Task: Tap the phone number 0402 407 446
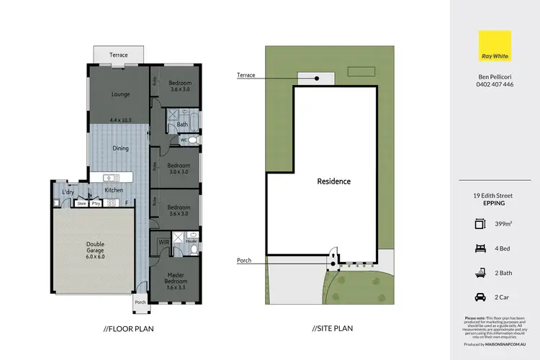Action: pyautogui.click(x=494, y=84)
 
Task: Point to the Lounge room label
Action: pyautogui.click(x=120, y=94)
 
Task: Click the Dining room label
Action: pyautogui.click(x=120, y=149)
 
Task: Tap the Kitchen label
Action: pyautogui.click(x=113, y=190)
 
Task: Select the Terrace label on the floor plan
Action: pyautogui.click(x=119, y=55)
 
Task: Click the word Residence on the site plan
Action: pyautogui.click(x=334, y=181)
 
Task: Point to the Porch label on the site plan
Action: pyautogui.click(x=244, y=261)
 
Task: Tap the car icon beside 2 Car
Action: pyautogui.click(x=480, y=296)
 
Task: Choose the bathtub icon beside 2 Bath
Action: pyautogui.click(x=480, y=271)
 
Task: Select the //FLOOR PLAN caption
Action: pyautogui.click(x=129, y=328)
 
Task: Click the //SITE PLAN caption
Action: pyautogui.click(x=333, y=328)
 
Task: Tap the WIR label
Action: pyautogui.click(x=163, y=242)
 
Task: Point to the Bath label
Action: pyautogui.click(x=182, y=125)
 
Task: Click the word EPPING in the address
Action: pyautogui.click(x=494, y=203)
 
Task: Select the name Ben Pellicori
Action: pyautogui.click(x=494, y=75)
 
